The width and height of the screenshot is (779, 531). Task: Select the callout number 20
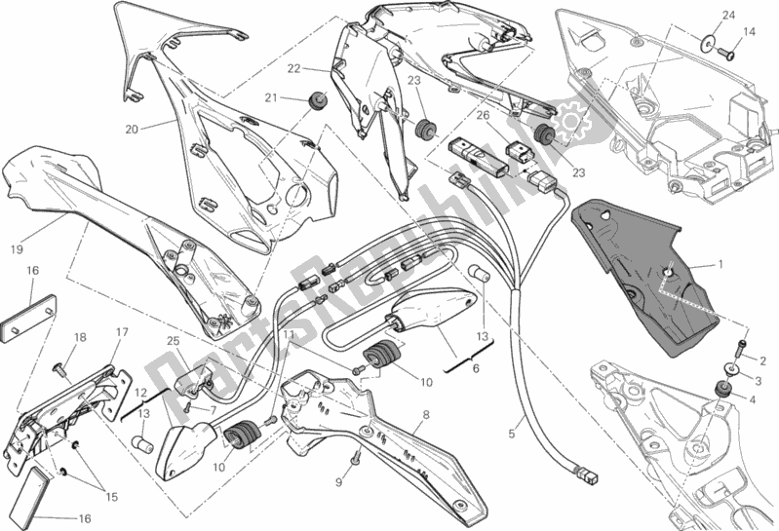pyautogui.click(x=131, y=129)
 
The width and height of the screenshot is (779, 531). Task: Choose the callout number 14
pyautogui.click(x=749, y=31)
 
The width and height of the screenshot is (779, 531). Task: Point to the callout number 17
pyautogui.click(x=123, y=332)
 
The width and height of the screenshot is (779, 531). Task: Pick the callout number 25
pyautogui.click(x=174, y=341)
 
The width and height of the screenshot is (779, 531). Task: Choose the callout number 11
pyautogui.click(x=288, y=334)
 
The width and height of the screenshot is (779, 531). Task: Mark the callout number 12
pyautogui.click(x=139, y=392)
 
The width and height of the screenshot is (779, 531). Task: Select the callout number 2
pyautogui.click(x=763, y=360)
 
